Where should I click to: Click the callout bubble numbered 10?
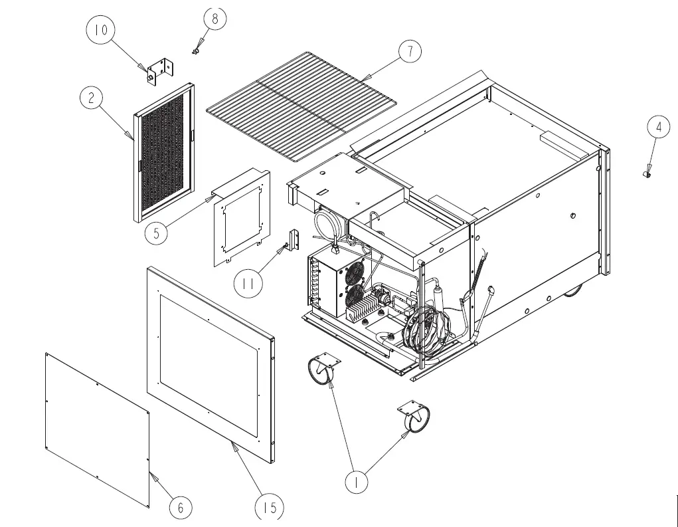101,30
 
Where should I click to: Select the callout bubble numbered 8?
214,18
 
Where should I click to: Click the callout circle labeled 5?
157,233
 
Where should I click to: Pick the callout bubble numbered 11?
248,284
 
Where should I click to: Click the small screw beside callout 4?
646,174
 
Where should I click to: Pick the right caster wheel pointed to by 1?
415,417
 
